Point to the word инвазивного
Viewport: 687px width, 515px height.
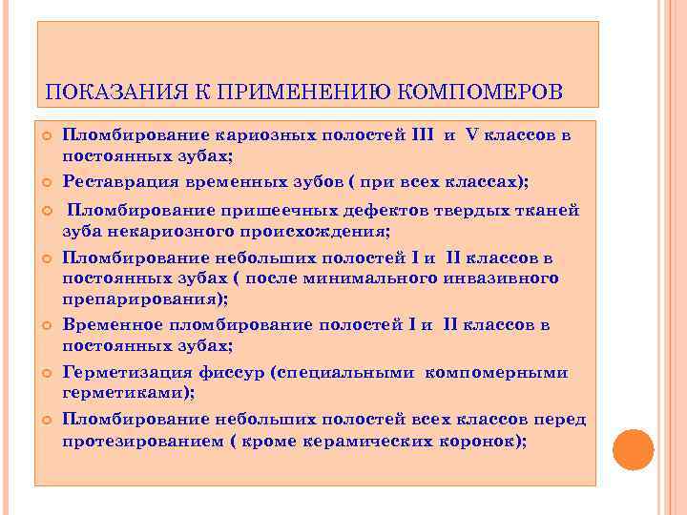pos(502,278)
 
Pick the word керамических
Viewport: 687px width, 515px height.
pos(365,441)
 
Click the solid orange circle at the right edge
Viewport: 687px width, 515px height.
pos(634,449)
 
